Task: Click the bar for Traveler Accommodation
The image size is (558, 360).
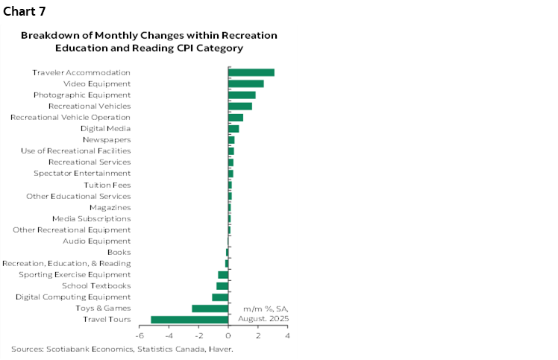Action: coord(251,72)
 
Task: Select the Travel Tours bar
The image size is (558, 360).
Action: coord(189,320)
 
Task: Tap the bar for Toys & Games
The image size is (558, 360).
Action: coord(210,309)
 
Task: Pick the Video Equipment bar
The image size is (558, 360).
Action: coord(246,83)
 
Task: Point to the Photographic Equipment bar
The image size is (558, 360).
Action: coord(242,95)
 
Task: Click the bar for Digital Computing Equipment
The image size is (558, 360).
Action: coord(220,297)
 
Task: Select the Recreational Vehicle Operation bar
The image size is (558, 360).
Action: coord(236,118)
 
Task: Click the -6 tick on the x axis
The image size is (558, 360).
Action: coord(139,335)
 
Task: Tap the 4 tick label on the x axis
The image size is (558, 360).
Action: coord(287,335)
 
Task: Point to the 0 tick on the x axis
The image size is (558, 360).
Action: coord(228,335)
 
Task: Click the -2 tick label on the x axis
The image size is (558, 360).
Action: coord(198,335)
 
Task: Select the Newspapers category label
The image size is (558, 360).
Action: coord(106,139)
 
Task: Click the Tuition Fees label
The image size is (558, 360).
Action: coord(107,185)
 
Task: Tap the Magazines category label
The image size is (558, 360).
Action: coord(110,207)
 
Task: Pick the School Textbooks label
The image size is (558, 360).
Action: coord(96,285)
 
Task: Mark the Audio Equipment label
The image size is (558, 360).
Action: coord(97,241)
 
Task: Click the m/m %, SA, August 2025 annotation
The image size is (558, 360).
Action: coord(263,313)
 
